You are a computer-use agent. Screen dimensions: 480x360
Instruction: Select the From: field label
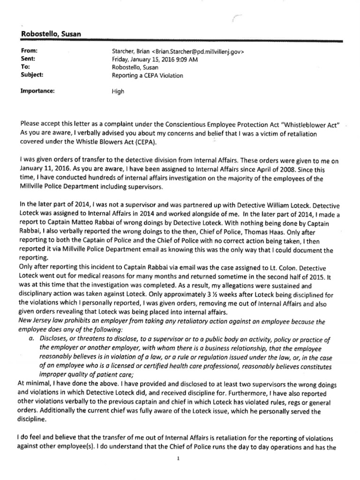29,50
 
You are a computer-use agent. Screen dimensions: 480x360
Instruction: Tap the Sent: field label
28,58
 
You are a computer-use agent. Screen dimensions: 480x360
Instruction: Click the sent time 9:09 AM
184,58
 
